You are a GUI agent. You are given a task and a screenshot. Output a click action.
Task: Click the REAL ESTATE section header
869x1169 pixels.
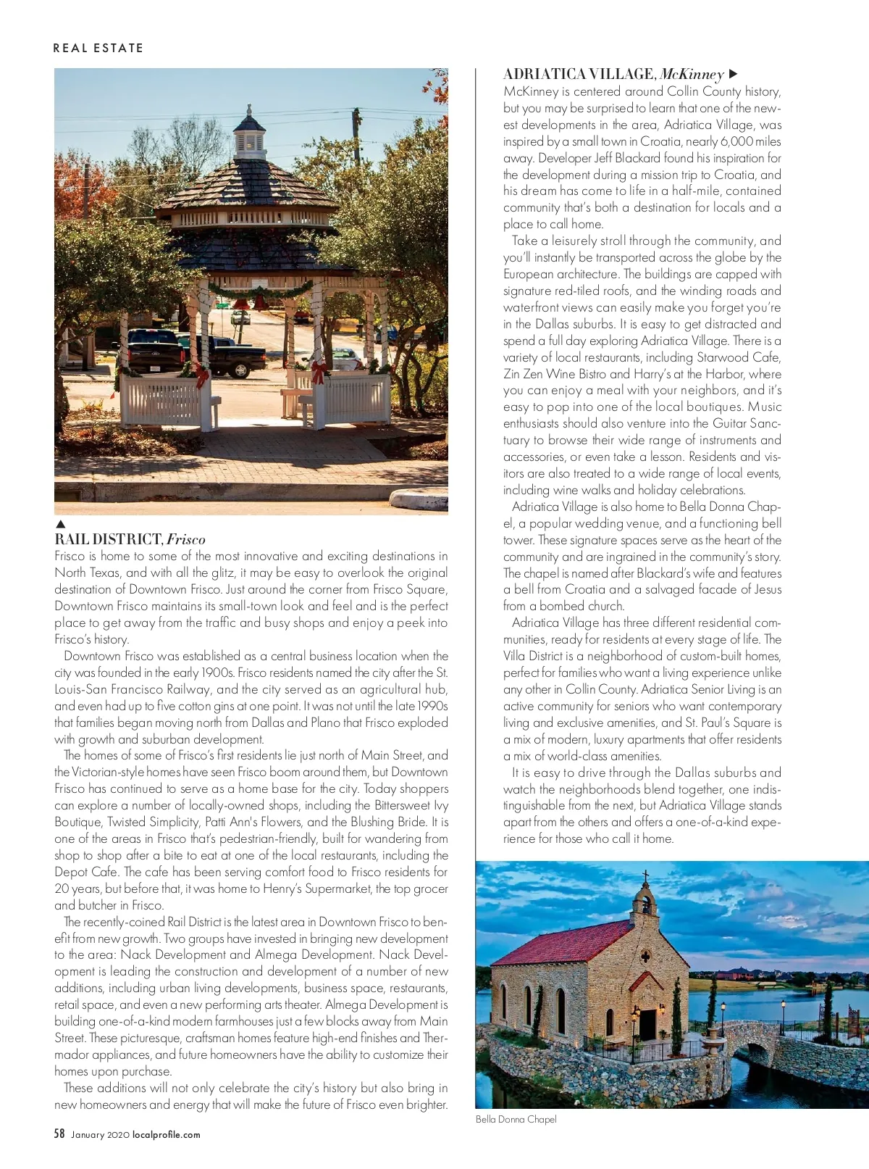point(98,49)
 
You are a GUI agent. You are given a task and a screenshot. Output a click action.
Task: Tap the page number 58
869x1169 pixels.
point(59,1133)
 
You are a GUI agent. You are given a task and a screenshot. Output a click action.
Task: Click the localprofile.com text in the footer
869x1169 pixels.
point(166,1135)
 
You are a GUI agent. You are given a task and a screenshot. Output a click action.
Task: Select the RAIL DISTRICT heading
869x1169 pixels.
point(109,539)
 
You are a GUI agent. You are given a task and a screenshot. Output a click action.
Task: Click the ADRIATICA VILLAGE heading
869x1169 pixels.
point(579,74)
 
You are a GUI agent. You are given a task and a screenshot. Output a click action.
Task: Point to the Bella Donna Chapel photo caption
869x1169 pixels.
point(516,1119)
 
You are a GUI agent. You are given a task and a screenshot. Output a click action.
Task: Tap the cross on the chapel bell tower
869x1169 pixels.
point(646,877)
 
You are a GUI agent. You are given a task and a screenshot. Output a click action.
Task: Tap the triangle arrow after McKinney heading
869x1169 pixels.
point(733,74)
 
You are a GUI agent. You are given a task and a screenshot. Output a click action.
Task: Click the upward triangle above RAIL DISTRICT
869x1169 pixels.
point(61,524)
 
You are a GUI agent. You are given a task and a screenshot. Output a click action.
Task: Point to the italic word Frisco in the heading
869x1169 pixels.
point(186,539)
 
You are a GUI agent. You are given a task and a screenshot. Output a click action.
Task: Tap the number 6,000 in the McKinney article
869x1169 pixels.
point(736,141)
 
